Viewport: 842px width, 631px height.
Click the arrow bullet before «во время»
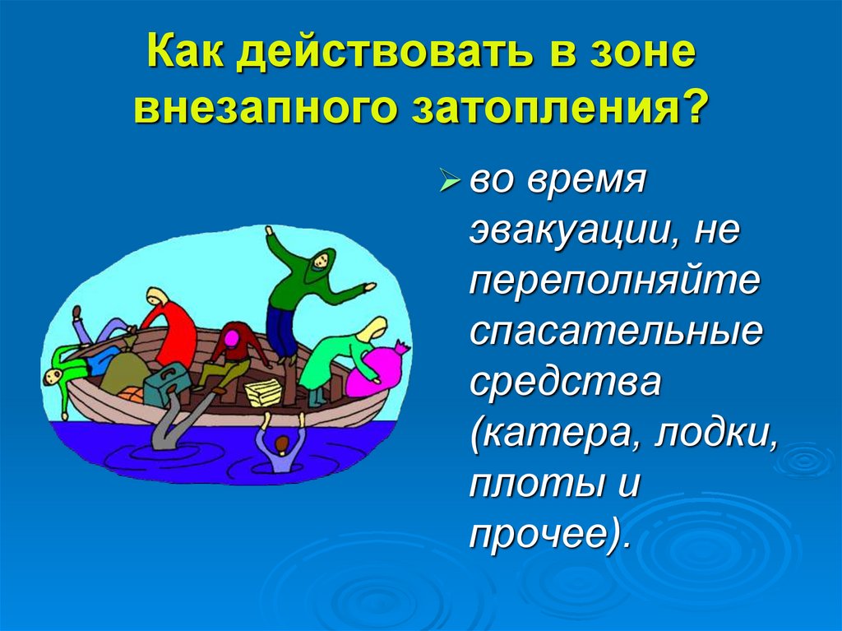point(451,180)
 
